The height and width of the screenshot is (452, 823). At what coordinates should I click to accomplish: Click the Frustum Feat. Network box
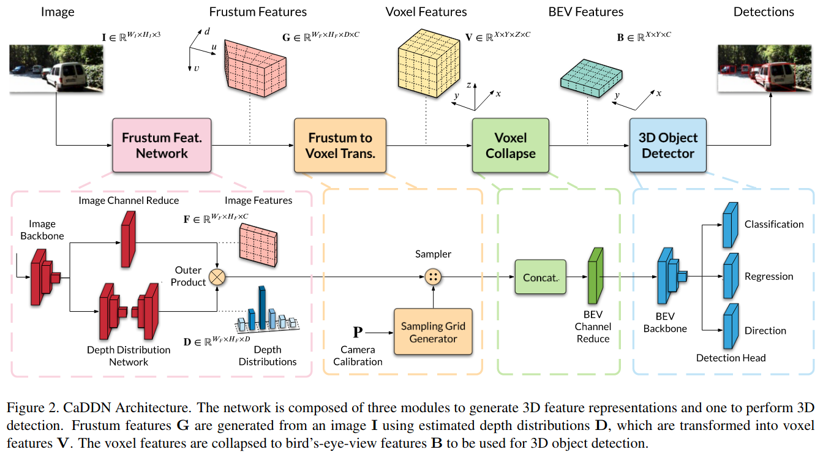162,145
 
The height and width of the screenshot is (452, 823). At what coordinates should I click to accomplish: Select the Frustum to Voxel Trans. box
340,145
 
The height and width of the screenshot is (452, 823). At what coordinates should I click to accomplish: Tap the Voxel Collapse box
510,145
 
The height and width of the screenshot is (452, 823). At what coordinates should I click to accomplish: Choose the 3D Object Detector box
668,145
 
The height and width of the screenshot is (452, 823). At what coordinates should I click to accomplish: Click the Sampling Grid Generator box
433,332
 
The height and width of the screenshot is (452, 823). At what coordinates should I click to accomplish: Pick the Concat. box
541,277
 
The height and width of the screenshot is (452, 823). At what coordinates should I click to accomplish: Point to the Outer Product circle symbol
217,277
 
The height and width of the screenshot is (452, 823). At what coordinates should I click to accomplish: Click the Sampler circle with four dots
433,277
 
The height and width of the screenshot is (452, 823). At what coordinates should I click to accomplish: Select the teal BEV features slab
591,78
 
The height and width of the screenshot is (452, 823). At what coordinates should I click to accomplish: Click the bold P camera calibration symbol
358,332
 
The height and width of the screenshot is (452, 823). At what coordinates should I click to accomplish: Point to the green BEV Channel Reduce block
596,276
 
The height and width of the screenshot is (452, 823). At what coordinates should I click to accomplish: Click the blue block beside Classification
731,225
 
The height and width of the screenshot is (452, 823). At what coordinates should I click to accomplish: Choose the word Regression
769,276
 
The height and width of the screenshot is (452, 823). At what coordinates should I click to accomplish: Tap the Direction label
765,330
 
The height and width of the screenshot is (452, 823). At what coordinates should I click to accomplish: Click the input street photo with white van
56,69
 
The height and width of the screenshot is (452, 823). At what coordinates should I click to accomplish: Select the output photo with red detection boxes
765,69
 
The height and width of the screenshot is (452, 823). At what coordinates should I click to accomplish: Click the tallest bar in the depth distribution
262,307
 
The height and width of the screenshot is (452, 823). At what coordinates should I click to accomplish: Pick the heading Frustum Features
258,12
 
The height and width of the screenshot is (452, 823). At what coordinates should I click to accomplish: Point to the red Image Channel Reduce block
128,239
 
